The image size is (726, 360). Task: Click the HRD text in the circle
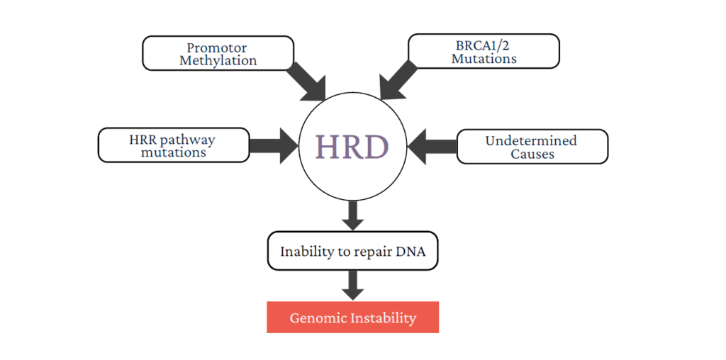click(352, 147)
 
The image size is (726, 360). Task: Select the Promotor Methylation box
click(218, 53)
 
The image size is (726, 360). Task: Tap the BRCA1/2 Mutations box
click(484, 51)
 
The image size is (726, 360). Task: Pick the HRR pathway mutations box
click(174, 145)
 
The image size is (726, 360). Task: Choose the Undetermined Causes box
click(532, 147)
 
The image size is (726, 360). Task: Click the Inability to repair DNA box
click(352, 252)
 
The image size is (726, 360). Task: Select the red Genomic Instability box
click(352, 317)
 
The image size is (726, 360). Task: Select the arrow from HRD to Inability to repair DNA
click(352, 215)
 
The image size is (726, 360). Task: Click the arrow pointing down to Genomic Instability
click(352, 285)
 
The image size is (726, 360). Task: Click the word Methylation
click(218, 61)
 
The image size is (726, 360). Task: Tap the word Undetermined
click(531, 140)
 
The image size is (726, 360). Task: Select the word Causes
click(532, 154)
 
